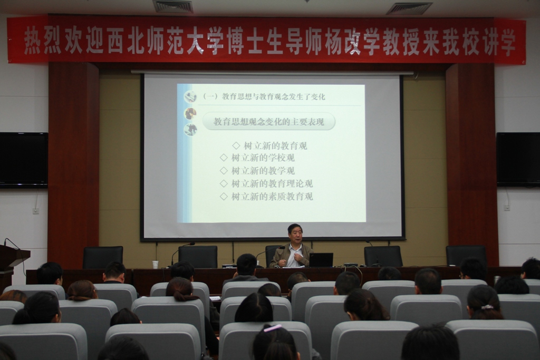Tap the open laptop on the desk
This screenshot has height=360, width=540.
[x=321, y=260]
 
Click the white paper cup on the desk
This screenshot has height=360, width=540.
[x=156, y=264]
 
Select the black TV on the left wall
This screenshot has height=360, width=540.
[x=23, y=160]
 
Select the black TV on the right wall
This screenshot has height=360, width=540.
[x=518, y=159]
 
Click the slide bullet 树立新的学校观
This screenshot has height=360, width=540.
[x=263, y=158]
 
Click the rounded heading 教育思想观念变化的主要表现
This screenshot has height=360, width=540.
[x=268, y=122]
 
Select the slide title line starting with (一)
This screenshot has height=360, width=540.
[x=264, y=96]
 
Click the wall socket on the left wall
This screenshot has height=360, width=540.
[x=36, y=210]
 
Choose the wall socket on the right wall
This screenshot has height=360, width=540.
[x=506, y=208]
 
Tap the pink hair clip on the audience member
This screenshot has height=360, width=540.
[x=273, y=328]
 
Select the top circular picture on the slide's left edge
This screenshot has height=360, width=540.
[x=190, y=96]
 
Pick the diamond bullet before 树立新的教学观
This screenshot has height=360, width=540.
[x=224, y=171]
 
